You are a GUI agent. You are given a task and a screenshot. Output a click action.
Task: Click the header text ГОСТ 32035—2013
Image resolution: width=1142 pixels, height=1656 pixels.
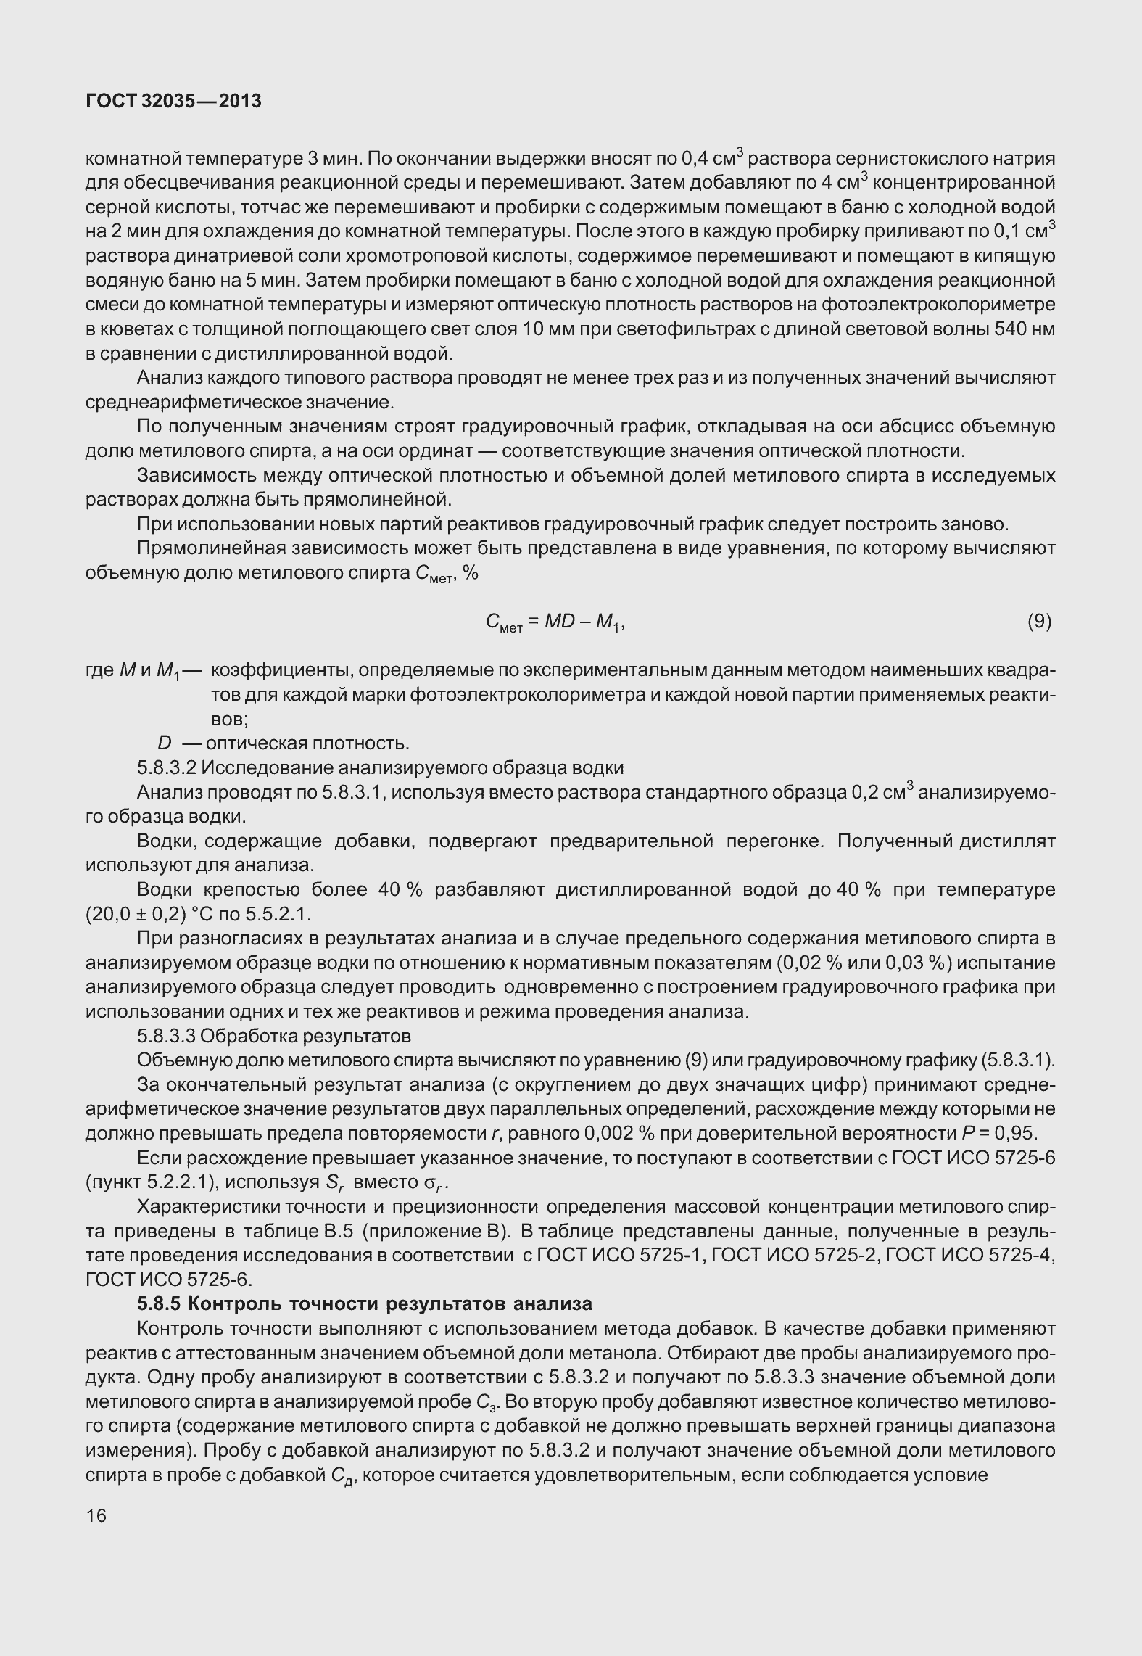click(x=173, y=102)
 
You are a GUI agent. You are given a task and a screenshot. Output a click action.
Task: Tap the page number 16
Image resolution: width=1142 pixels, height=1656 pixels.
click(x=96, y=1515)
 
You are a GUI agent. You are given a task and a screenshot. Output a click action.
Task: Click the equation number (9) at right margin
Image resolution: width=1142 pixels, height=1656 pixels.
click(x=1039, y=620)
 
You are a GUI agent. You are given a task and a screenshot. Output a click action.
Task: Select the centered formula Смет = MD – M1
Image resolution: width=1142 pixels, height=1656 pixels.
click(x=555, y=622)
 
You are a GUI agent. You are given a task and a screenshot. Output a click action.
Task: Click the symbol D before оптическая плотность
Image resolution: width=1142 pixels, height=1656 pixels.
click(x=165, y=743)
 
